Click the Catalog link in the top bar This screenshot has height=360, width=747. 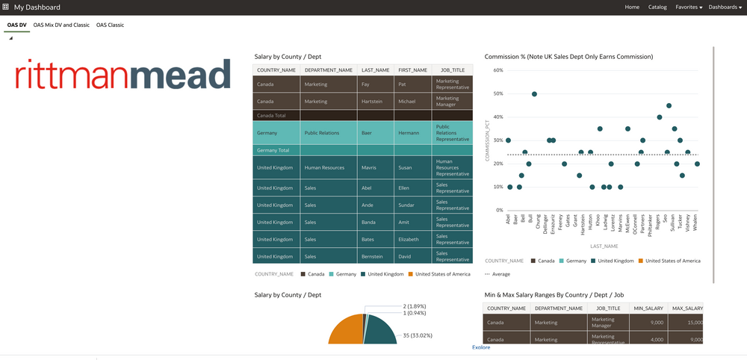657,7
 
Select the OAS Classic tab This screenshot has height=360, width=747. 110,25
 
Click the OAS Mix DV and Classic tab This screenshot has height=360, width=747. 61,25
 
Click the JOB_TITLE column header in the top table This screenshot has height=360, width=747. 451,70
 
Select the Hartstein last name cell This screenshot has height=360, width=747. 373,101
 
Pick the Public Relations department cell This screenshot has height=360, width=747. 322,133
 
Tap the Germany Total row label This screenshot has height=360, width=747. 273,150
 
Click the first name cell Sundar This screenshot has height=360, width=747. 408,205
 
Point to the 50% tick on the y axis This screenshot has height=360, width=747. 498,94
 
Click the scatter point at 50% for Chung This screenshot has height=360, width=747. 534,94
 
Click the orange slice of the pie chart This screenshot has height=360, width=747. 345,331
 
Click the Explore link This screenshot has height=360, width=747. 481,347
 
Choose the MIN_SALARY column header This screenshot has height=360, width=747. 648,308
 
